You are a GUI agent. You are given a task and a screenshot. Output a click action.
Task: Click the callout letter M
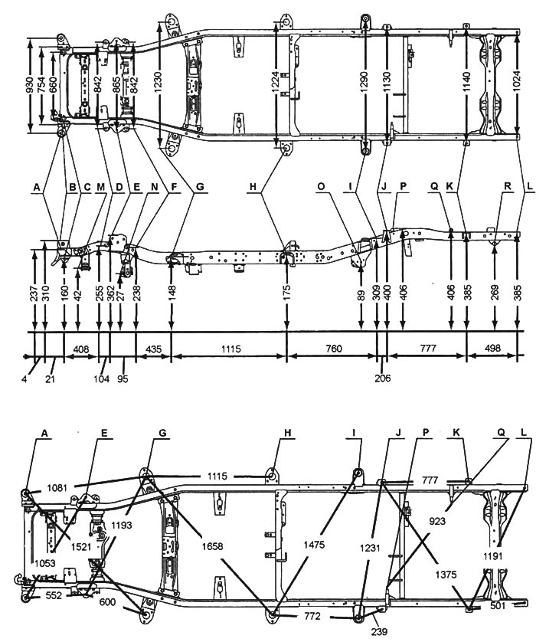pos(101,186)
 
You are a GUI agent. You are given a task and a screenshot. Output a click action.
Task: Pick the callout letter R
pos(507,186)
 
